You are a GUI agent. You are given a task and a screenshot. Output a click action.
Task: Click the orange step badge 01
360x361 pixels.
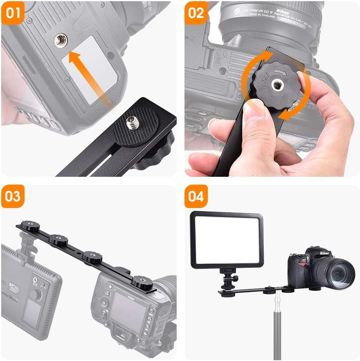tap(12, 12)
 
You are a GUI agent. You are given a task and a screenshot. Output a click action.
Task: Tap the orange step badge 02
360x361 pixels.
tap(196, 12)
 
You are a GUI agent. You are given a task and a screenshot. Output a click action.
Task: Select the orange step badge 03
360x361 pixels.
tap(12, 196)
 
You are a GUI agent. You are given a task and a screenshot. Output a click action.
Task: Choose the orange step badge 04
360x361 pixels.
tap(196, 196)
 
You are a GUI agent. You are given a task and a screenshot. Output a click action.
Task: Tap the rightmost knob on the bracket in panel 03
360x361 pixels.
tap(139, 281)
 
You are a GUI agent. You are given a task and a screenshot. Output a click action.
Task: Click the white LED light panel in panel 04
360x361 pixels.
tap(227, 240)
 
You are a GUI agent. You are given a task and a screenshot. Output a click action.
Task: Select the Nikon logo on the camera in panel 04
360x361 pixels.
tap(324, 253)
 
